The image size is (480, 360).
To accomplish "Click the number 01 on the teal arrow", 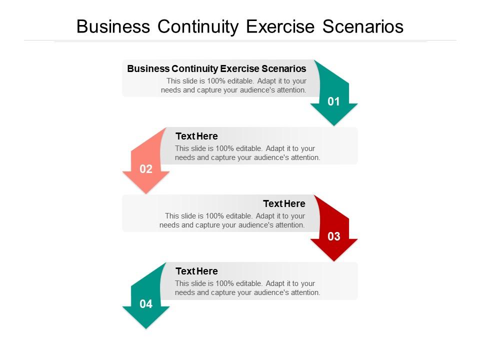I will [333, 102].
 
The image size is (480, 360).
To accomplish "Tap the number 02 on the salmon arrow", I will [146, 169].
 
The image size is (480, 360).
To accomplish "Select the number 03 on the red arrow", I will [333, 237].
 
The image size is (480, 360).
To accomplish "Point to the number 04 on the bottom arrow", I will [146, 304].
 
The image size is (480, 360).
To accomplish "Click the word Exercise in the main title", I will [281, 26].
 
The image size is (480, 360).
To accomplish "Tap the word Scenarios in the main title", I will [363, 26].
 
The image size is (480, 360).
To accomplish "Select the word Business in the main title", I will [113, 26].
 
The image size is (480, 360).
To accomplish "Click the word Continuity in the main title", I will [199, 26].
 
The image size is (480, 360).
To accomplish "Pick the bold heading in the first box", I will [216, 68].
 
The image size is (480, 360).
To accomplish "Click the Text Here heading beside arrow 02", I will [196, 136].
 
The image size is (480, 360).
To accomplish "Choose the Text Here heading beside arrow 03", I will [284, 203].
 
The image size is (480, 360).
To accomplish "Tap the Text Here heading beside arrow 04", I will [196, 271].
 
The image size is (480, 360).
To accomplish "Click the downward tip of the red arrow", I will [333, 260].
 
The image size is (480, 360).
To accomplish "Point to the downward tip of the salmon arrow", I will [146, 192].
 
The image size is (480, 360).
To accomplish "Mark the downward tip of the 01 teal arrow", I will [333, 124].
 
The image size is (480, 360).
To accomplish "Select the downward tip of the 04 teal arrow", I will [146, 327].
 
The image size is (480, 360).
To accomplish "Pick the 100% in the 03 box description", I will [215, 216].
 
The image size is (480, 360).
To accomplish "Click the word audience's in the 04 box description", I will [270, 292].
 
